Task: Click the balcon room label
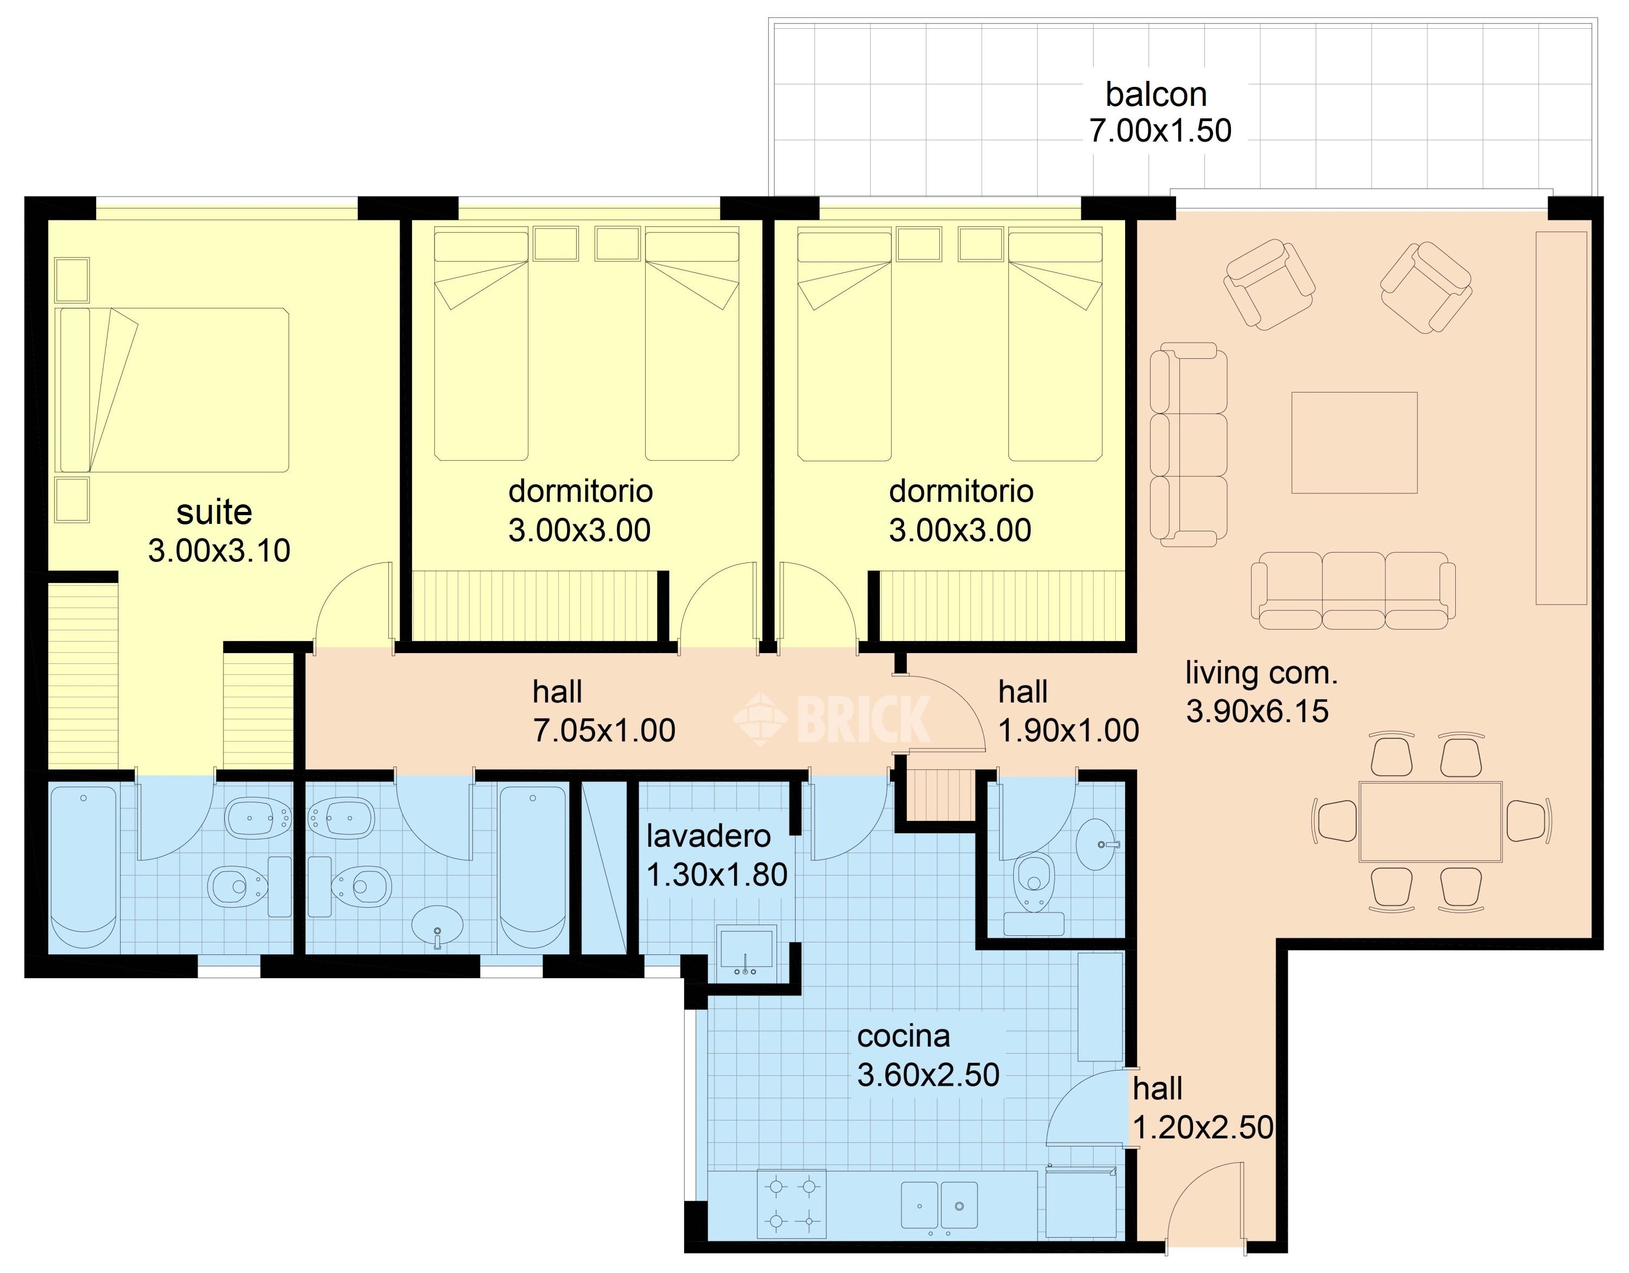tap(1156, 94)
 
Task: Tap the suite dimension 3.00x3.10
tap(219, 550)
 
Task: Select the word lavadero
tap(709, 836)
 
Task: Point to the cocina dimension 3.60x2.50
tap(929, 1075)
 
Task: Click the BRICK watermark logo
tap(832, 719)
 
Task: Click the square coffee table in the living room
tap(1355, 442)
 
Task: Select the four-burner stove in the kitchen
tap(792, 1205)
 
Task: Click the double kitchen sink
tap(939, 1205)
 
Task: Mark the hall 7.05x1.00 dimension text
tap(604, 730)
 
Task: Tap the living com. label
tap(1262, 674)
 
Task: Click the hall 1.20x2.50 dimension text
tap(1204, 1128)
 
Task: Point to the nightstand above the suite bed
tap(72, 280)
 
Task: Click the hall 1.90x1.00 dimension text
tap(1069, 730)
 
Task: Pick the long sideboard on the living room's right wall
tap(1561, 417)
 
